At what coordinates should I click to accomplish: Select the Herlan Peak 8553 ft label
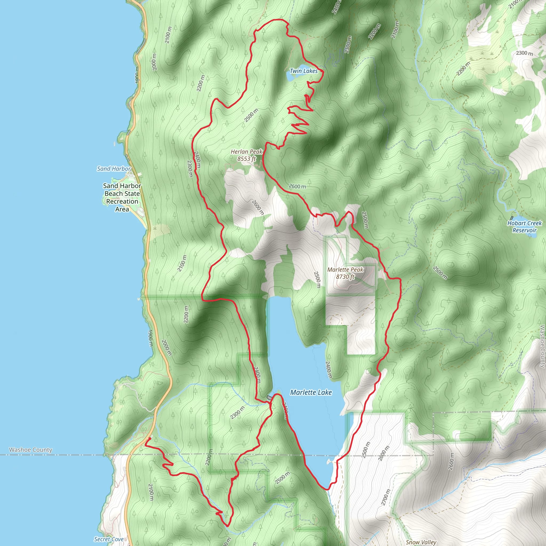pos(246,155)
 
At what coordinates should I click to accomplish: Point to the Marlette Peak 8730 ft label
pos(345,273)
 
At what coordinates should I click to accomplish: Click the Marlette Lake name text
pos(311,392)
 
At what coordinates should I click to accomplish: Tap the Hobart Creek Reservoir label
pos(524,226)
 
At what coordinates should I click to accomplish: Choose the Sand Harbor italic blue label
pos(114,169)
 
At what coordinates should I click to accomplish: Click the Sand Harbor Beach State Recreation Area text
pos(122,197)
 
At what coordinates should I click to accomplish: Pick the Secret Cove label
pos(109,539)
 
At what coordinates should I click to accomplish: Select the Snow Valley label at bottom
pos(421,542)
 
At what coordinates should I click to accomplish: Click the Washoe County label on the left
pos(30,450)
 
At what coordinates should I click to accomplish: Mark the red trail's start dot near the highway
pos(149,439)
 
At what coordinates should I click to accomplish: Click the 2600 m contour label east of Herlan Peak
pos(297,186)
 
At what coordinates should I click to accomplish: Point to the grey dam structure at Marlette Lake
pos(269,398)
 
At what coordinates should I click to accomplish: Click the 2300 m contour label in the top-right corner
pos(524,53)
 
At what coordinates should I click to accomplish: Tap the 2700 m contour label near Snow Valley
pos(385,497)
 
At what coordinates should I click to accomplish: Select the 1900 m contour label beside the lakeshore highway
pos(150,338)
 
